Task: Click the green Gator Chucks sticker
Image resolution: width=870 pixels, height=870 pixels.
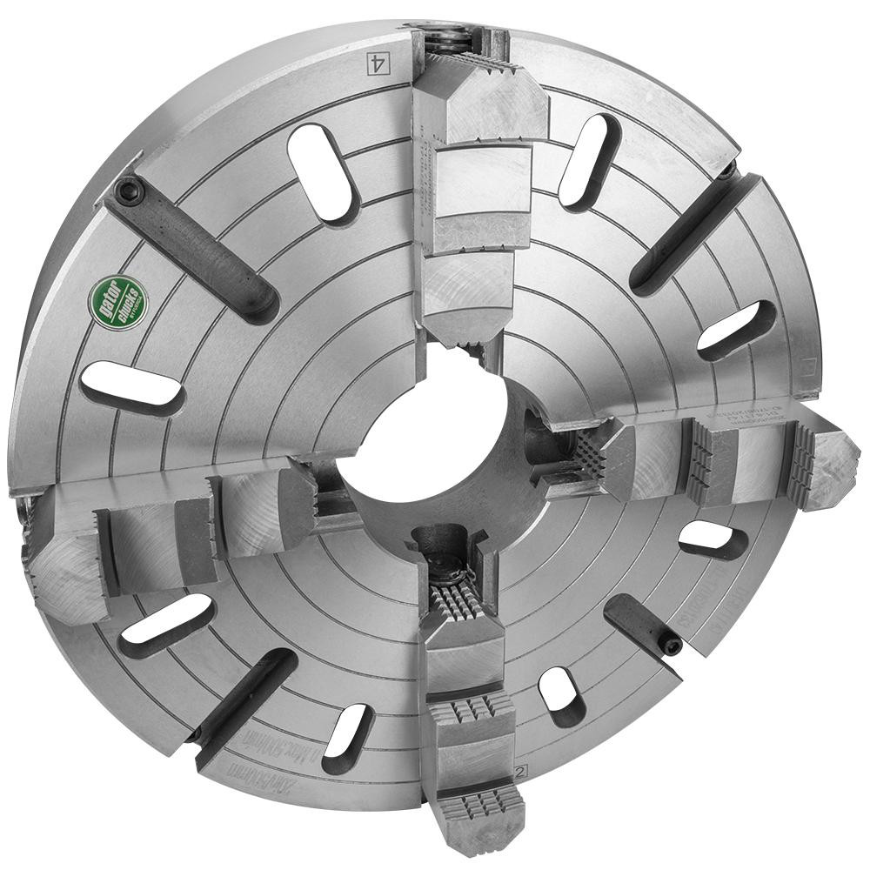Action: point(118,302)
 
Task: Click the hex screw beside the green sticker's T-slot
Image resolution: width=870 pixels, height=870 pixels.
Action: point(131,191)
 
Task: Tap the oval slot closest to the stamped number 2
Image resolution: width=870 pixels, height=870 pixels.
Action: point(562,697)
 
